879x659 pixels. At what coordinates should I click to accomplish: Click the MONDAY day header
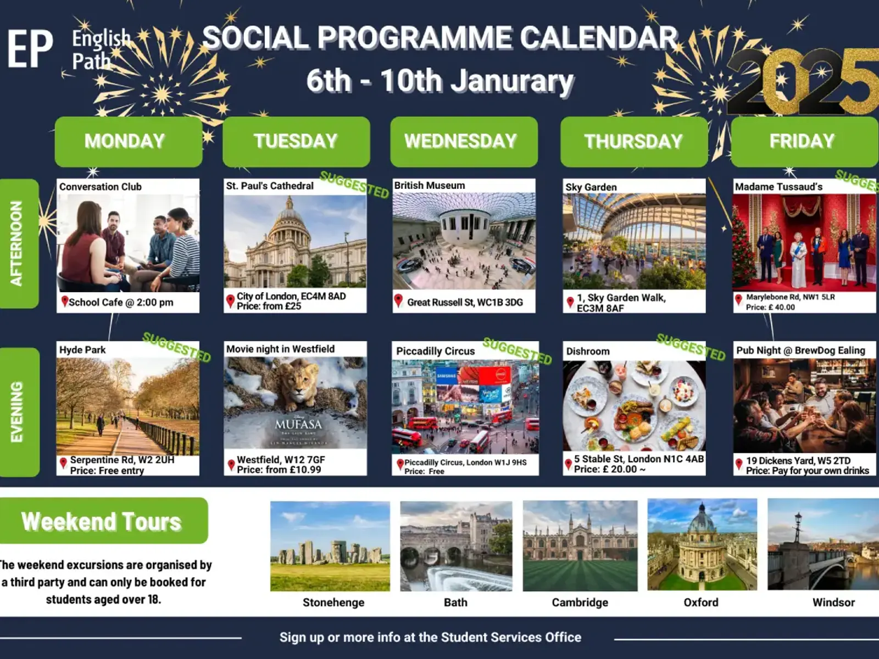click(x=129, y=142)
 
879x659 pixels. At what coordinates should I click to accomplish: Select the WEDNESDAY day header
click(x=464, y=142)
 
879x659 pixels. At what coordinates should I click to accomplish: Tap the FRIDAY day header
click(x=805, y=142)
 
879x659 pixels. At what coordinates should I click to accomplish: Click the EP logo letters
click(x=30, y=49)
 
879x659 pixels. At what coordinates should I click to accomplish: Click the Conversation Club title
click(x=101, y=187)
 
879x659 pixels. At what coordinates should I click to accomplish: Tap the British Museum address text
click(x=465, y=303)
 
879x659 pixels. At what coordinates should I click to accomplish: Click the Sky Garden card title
click(x=591, y=187)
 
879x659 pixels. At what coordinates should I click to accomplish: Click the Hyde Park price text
click(x=107, y=471)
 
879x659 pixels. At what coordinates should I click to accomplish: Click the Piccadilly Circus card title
click(x=435, y=351)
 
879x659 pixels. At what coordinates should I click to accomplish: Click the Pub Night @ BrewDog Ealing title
click(x=801, y=350)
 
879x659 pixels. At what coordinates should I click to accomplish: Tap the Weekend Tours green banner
click(x=103, y=521)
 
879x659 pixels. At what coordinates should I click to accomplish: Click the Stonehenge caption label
click(x=333, y=602)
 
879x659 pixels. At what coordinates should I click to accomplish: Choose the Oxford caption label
click(x=701, y=602)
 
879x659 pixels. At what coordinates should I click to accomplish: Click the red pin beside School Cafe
click(x=64, y=301)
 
